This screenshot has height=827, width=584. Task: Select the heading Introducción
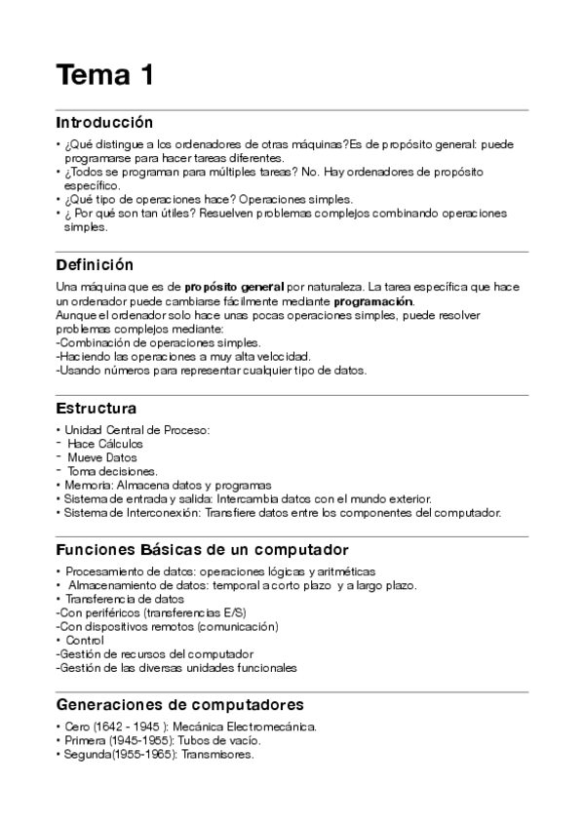105,123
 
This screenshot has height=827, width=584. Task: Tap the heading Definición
95,264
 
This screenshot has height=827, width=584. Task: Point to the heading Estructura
97,408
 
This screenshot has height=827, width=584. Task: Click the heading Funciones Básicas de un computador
203,550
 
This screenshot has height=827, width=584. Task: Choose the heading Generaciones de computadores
180,704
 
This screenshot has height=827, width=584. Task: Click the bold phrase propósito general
234,286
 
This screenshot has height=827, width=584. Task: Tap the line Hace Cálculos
105,444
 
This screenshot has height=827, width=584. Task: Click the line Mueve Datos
102,457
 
